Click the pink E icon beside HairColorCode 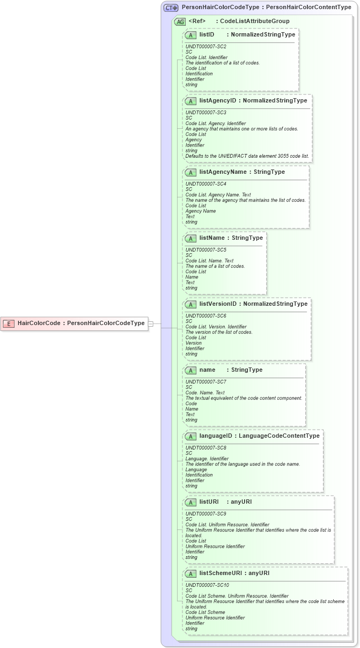[9, 323]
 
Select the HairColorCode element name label [39, 323]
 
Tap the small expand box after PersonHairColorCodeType [151, 323]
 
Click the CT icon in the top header [171, 8]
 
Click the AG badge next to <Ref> [180, 21]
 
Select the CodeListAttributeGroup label [255, 21]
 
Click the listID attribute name [207, 34]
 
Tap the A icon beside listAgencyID [190, 101]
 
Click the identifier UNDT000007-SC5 [206, 250]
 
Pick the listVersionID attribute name [218, 304]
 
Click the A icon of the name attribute [190, 370]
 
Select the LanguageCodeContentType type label [279, 436]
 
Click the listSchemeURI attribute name [221, 573]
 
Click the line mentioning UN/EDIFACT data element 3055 [247, 156]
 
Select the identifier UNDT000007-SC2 [206, 47]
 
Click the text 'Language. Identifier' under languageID [207, 459]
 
